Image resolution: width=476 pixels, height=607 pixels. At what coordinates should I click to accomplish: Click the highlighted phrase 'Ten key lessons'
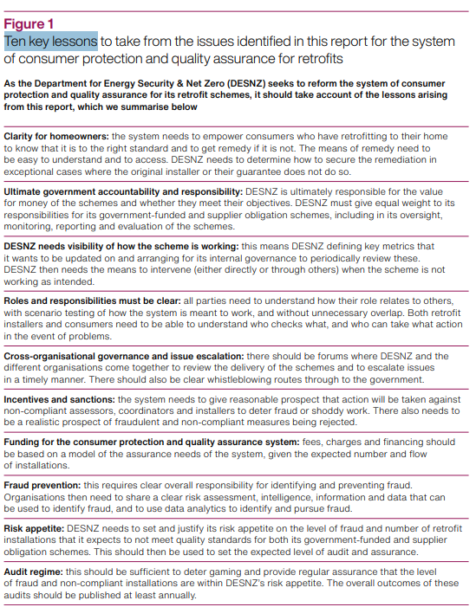click(x=50, y=41)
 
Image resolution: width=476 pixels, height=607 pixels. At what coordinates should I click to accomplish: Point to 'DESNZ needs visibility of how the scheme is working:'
click(x=120, y=248)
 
